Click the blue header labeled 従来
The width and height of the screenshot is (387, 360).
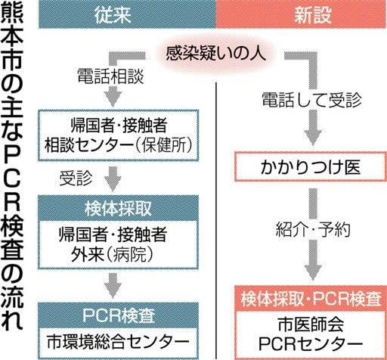127,14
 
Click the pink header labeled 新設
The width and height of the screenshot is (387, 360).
302,14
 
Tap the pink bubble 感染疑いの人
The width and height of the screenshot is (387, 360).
215,53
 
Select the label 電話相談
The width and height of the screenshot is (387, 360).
110,76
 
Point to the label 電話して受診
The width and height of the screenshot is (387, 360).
311,100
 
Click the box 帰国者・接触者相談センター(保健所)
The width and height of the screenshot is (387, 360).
119,135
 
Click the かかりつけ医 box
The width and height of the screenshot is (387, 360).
311,166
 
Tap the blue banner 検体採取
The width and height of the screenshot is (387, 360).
118,209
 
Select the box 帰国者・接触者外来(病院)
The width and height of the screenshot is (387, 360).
118,245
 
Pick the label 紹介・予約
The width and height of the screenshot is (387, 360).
313,229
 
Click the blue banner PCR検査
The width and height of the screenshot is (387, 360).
118,315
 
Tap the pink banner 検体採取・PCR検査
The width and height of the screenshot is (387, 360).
311,299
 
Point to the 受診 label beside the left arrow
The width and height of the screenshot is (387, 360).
76,178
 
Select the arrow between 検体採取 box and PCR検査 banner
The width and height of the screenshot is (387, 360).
113,286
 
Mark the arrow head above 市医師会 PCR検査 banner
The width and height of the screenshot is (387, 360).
313,272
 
